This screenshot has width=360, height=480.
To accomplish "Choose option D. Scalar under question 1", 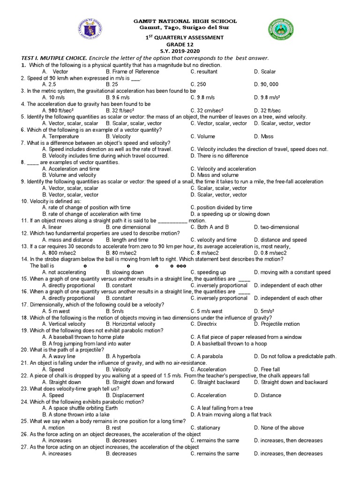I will click(x=265, y=72).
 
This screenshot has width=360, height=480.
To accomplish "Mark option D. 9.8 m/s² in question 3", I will click(x=268, y=97).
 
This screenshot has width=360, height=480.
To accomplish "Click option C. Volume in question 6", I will click(x=203, y=136).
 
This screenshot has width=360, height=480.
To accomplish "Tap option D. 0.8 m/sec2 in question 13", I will click(x=270, y=253).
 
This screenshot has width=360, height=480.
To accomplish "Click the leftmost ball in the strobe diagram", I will click(x=85, y=266).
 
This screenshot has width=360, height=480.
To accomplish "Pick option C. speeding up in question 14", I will click(x=208, y=272).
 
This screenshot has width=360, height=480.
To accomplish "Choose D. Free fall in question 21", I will click(x=267, y=369).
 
